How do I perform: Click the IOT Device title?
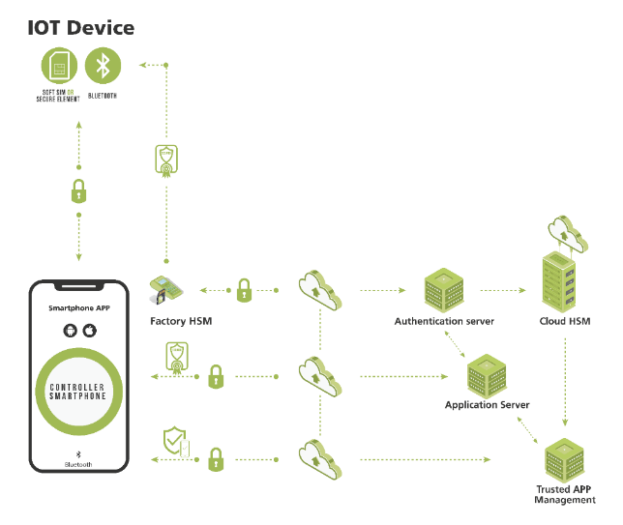(x=81, y=27)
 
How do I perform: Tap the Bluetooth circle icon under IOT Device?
(x=103, y=66)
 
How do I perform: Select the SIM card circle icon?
(x=60, y=66)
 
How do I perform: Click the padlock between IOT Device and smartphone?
(x=79, y=191)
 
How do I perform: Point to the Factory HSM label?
(x=181, y=321)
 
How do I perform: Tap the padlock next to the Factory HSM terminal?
(x=245, y=289)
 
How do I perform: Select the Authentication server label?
(x=444, y=321)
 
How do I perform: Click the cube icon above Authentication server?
(x=444, y=288)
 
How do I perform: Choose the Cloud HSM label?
(x=565, y=321)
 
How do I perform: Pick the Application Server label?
(x=487, y=405)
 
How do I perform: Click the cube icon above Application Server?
(x=487, y=374)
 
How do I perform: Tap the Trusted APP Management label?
(x=565, y=494)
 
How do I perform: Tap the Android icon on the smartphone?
(x=69, y=331)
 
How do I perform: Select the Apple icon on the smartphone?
(x=89, y=331)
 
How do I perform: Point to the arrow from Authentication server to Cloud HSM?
(x=502, y=289)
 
